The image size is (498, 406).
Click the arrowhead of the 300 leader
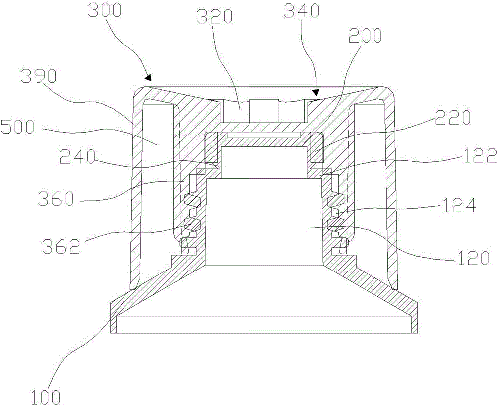148,77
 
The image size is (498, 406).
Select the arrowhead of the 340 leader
315,93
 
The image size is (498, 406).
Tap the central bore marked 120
264,219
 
